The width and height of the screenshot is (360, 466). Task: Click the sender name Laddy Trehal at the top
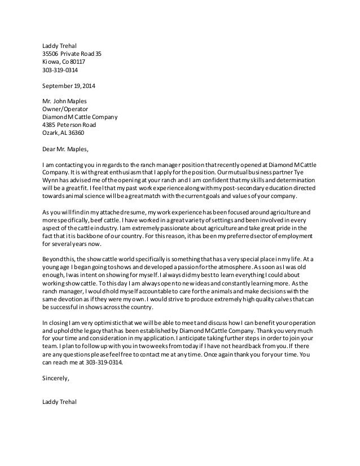point(60,46)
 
